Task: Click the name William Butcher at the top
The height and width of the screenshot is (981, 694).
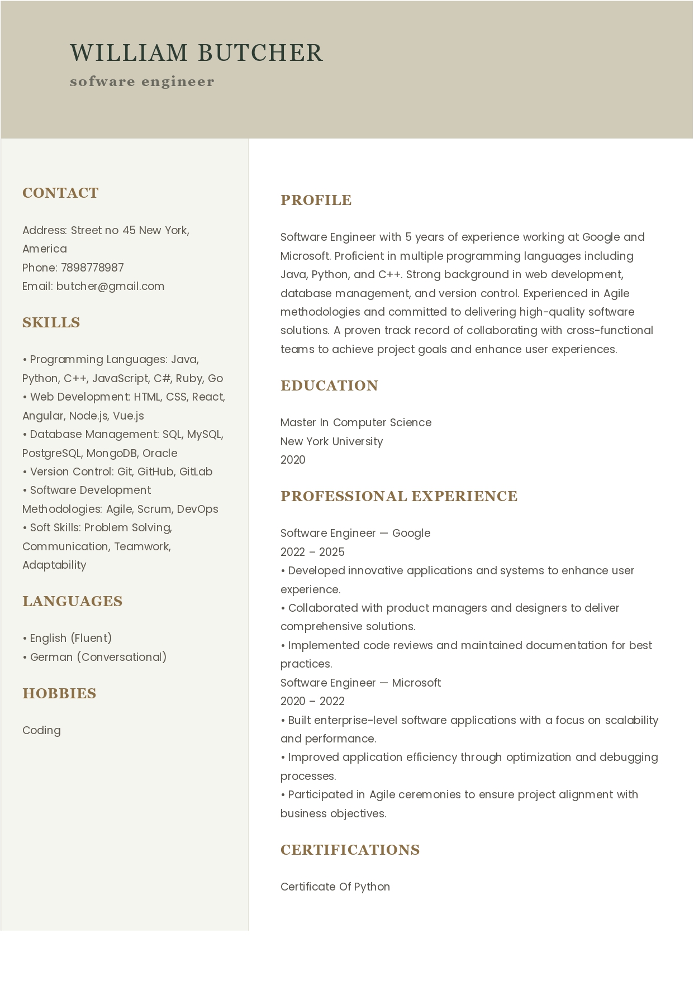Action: (x=196, y=53)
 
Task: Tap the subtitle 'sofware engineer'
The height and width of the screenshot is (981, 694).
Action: (x=142, y=82)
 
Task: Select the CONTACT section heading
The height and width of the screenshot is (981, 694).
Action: (x=60, y=193)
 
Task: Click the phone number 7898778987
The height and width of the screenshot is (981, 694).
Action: (x=92, y=268)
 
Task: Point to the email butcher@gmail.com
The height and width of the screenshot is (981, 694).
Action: (x=110, y=286)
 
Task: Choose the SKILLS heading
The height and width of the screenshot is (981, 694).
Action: (x=51, y=322)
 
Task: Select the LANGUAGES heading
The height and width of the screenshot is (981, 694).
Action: (x=72, y=601)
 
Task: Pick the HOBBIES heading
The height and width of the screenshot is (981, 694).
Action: (x=59, y=693)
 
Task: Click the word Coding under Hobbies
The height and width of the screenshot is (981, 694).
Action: (x=41, y=730)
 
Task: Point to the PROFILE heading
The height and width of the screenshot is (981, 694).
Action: (x=316, y=200)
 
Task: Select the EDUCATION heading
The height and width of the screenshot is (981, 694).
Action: (x=329, y=385)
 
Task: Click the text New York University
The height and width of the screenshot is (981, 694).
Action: (x=331, y=441)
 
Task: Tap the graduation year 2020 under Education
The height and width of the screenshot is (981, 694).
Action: (x=293, y=460)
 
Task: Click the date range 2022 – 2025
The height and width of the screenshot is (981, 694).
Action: (x=312, y=552)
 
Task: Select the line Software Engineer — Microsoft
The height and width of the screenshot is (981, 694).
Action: (x=360, y=683)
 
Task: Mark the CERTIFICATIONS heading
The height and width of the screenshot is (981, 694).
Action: (x=350, y=850)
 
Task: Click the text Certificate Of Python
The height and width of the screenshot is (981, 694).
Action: (x=335, y=887)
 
